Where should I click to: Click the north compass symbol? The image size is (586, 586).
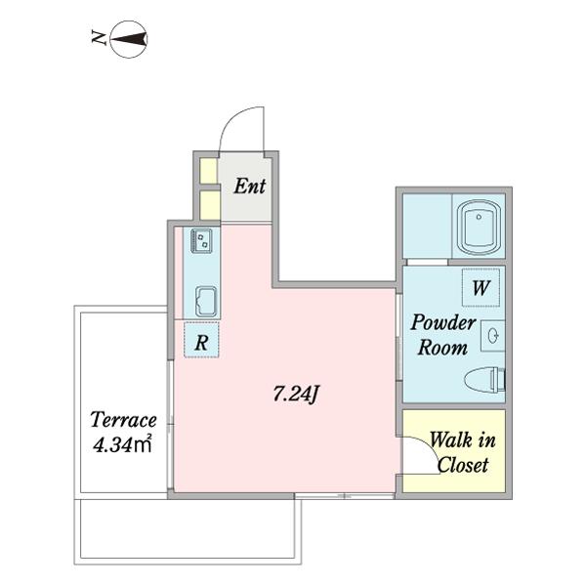click(x=129, y=39)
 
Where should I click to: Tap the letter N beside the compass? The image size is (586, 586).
click(x=99, y=37)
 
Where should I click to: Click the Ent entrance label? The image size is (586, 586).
click(x=250, y=187)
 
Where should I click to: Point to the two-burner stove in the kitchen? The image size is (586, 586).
click(x=201, y=240)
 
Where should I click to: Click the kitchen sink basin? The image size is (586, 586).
click(x=206, y=302)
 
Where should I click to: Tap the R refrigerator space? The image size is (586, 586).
click(x=201, y=340)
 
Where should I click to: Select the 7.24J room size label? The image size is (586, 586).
click(x=296, y=394)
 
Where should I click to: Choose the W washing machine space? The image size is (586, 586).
click(x=481, y=287)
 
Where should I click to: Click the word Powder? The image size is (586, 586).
click(x=443, y=323)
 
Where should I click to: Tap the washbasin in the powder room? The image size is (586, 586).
click(x=493, y=335)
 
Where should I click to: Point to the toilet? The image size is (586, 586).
click(x=484, y=379)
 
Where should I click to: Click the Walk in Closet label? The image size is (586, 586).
click(x=463, y=452)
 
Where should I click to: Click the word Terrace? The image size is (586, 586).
click(x=123, y=420)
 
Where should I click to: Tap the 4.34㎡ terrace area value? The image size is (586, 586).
click(x=122, y=444)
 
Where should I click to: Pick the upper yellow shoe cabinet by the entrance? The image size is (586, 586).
click(x=208, y=171)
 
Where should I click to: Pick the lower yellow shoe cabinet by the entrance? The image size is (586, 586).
click(x=210, y=205)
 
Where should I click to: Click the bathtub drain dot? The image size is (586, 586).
click(x=479, y=217)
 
